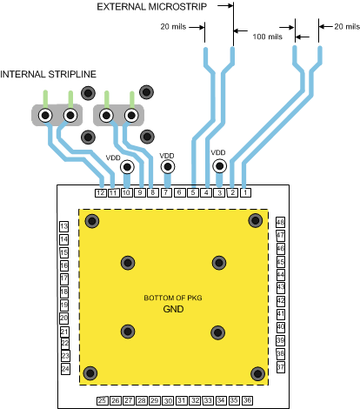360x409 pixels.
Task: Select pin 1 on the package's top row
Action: pyautogui.click(x=245, y=192)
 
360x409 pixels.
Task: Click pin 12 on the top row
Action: pyautogui.click(x=101, y=192)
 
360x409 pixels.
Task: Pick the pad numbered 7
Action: pyautogui.click(x=166, y=192)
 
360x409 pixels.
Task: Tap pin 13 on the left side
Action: pyautogui.click(x=64, y=227)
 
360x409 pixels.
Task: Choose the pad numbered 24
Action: pyautogui.click(x=64, y=370)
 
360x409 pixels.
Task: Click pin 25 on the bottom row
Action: pyautogui.click(x=102, y=400)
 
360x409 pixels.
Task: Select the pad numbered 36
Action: pyautogui.click(x=248, y=400)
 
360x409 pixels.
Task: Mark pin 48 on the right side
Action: pyautogui.click(x=280, y=222)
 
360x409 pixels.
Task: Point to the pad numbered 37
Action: pyautogui.click(x=280, y=368)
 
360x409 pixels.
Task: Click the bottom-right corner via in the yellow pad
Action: pyautogui.click(x=256, y=373)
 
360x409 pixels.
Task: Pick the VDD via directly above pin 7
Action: pyautogui.click(x=166, y=167)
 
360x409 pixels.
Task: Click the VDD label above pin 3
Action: pyautogui.click(x=218, y=152)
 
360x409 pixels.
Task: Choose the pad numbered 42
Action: pyautogui.click(x=280, y=301)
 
